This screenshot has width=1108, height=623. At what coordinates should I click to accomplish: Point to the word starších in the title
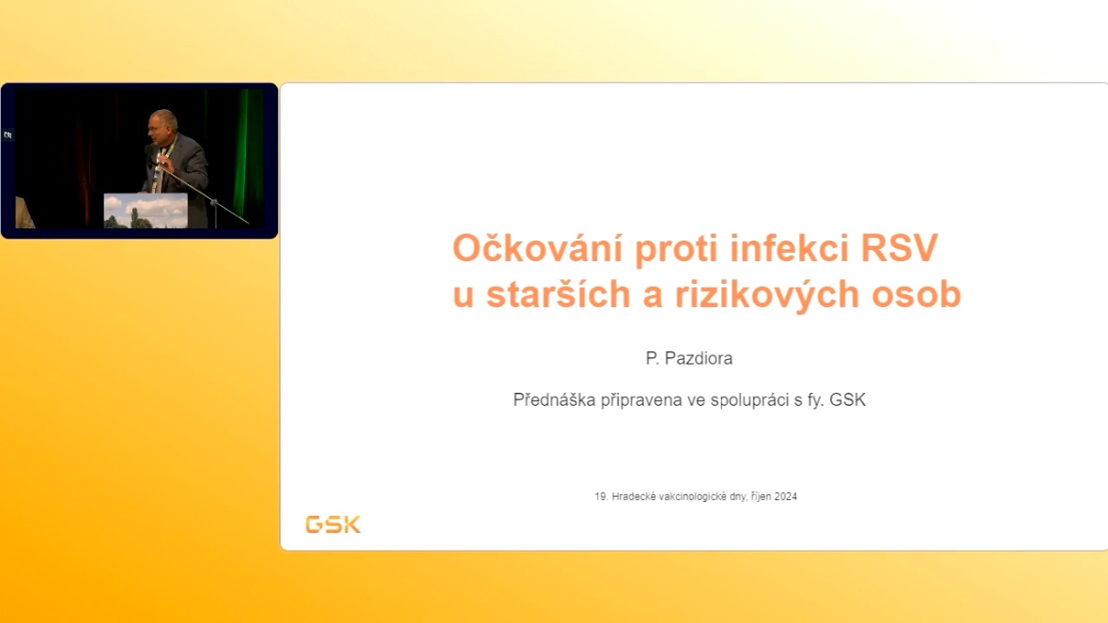click(x=559, y=293)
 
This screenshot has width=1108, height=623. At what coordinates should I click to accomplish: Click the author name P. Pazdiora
click(x=689, y=359)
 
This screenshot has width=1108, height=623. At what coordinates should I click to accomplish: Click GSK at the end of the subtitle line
click(x=847, y=400)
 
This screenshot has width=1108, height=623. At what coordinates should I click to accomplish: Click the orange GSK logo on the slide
click(x=332, y=524)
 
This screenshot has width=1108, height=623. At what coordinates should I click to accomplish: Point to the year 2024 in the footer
click(x=786, y=496)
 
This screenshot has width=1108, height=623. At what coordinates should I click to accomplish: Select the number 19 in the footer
click(x=601, y=496)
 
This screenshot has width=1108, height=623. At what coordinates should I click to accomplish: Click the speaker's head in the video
click(x=162, y=125)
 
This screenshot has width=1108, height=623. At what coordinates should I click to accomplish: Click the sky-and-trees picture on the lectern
click(x=146, y=210)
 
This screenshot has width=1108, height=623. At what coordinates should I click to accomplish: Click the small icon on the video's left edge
click(x=8, y=134)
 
